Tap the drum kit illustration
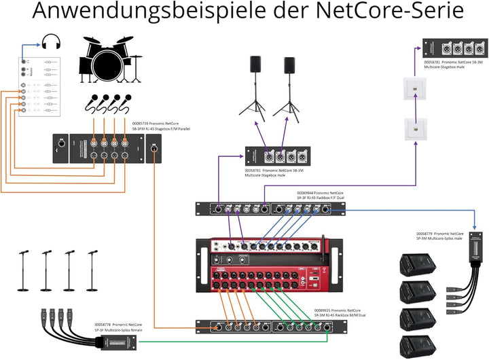[109, 60]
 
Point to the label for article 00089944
[319, 196]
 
